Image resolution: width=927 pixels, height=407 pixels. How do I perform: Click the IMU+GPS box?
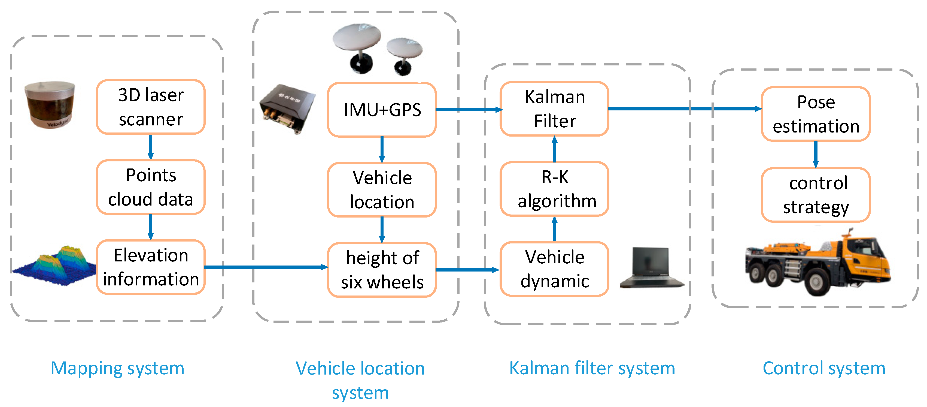point(382,110)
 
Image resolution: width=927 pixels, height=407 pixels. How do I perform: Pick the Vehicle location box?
point(382,189)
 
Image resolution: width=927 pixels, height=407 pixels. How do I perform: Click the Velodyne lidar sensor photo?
point(50,104)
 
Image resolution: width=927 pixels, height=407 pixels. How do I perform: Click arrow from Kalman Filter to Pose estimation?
point(684,108)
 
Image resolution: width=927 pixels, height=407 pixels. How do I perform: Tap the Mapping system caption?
point(117,368)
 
